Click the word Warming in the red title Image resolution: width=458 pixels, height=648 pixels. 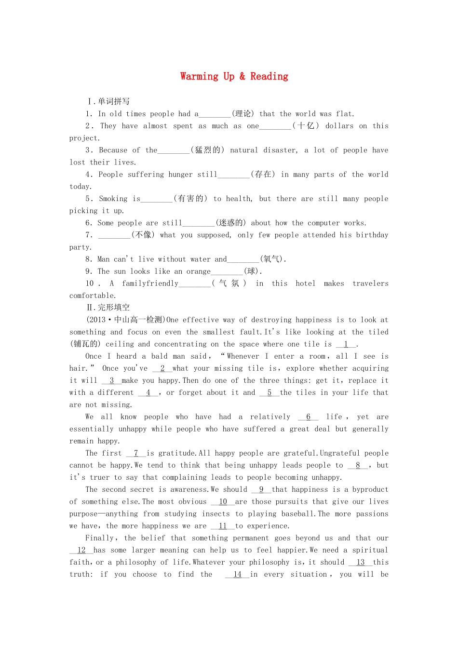(x=199, y=76)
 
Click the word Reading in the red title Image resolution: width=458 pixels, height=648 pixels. (x=269, y=76)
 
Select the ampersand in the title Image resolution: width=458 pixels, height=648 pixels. (x=242, y=76)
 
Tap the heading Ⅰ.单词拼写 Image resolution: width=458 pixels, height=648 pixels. (x=108, y=101)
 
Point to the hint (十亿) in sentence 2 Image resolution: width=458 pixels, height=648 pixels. (x=306, y=126)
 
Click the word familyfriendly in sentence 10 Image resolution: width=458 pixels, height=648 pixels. (x=150, y=283)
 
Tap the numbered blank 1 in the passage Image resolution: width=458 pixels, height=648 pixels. (x=346, y=344)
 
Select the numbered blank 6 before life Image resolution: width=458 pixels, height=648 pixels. (x=309, y=417)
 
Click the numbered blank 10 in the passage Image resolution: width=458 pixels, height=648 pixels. (x=223, y=502)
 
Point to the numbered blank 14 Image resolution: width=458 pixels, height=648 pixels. (x=237, y=575)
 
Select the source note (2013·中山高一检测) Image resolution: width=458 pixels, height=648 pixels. (x=126, y=320)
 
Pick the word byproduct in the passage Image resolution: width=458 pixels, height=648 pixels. (x=370, y=489)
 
